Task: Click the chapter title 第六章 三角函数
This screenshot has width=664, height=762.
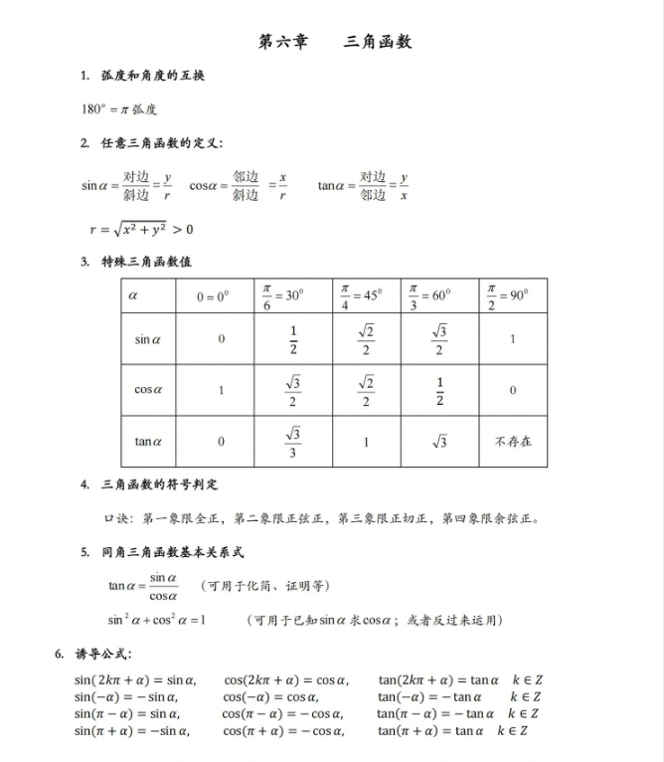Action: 334,42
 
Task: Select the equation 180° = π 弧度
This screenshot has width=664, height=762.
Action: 119,108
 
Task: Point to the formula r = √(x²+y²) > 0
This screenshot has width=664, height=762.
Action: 141,230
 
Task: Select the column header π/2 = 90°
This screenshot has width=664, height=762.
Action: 508,295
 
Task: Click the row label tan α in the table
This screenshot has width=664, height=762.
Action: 148,441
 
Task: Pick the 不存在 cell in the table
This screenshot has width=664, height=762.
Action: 512,441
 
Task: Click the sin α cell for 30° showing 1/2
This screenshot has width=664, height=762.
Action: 293,339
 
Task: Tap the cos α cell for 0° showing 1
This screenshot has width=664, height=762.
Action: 221,390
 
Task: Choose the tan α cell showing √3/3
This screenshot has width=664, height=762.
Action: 293,441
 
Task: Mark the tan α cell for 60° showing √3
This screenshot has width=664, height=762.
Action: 439,441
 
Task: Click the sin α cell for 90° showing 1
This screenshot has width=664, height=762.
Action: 512,339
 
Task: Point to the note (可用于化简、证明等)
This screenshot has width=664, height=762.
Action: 265,585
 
